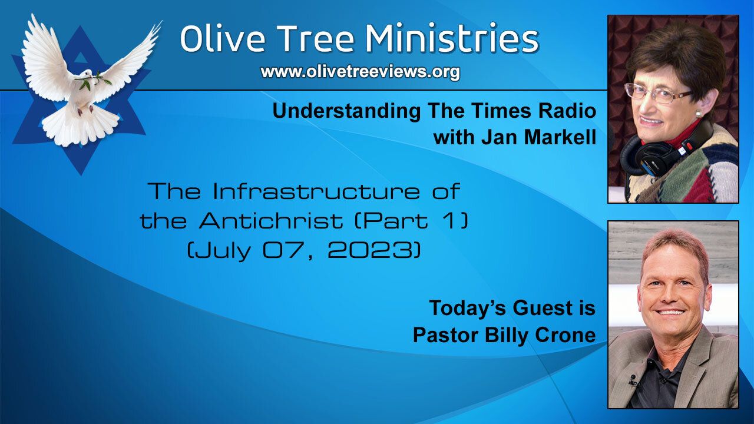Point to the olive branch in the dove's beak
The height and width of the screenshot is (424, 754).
[94, 81]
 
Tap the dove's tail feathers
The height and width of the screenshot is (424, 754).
[80, 128]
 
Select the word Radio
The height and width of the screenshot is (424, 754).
[567, 111]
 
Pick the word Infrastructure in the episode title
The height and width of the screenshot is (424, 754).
[316, 191]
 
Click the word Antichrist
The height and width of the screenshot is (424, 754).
[270, 221]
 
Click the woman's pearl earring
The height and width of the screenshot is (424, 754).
[698, 113]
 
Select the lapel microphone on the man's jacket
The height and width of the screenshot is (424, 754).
[633, 380]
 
